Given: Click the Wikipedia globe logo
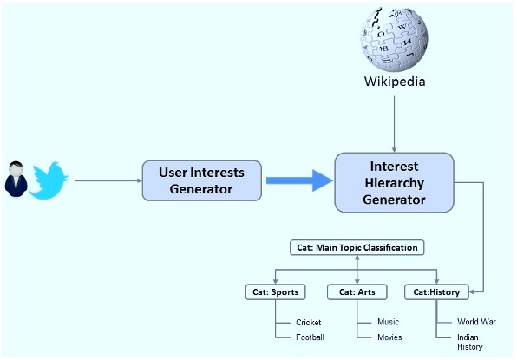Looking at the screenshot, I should pos(395,37).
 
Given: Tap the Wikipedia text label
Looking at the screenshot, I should pos(395,82).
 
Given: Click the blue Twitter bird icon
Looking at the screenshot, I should pos(49,180).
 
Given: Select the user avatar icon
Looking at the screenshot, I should pos(16,180).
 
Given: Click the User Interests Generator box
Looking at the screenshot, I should pos(201,180).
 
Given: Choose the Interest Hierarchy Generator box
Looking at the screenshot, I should pos(394,182).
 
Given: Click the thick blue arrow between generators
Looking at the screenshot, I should pos(299,180).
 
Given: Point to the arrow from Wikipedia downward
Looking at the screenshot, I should pos(395,121).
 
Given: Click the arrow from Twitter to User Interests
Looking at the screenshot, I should pos(108,180).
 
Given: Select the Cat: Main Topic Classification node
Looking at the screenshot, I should pos(357,248).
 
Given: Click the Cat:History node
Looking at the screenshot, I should pos(437,291).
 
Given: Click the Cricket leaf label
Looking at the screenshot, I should pos(308,323).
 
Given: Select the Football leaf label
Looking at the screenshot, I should pos(310,337).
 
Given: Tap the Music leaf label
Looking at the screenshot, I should pos(388,322).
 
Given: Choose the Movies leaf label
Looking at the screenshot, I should pos(389,337).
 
